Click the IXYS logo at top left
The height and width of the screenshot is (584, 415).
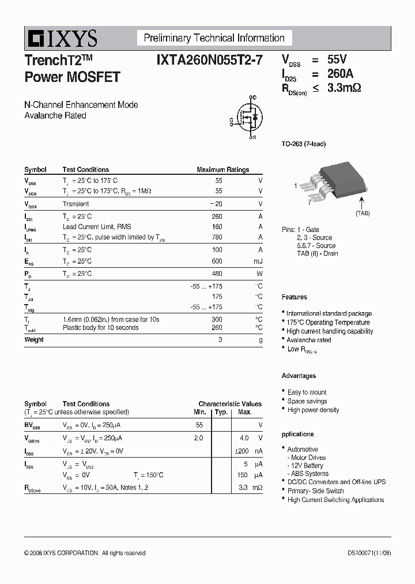coord(61,38)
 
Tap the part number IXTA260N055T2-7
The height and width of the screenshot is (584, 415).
coord(209,60)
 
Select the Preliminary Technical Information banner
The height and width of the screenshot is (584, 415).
coord(214,38)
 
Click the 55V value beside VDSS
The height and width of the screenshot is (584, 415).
coord(337,59)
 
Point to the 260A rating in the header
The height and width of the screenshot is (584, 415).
coord(340,74)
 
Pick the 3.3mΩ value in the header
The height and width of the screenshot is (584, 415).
coord(344,88)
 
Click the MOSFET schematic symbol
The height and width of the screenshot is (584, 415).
coord(246,118)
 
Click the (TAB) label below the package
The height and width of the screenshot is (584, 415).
coord(362,214)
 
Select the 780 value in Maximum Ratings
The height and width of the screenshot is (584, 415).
coord(217,237)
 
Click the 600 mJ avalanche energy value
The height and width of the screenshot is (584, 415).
coord(217,261)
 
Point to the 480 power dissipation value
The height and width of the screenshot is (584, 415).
coord(217,274)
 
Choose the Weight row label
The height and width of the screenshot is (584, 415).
coord(34,339)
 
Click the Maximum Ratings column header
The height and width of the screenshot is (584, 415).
coord(222,170)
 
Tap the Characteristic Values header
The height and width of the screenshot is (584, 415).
coord(230,404)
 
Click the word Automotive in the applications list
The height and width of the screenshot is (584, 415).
coord(303,449)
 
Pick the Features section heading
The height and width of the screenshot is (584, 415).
coord(294,297)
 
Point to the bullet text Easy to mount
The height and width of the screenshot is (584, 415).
coord(307,392)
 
